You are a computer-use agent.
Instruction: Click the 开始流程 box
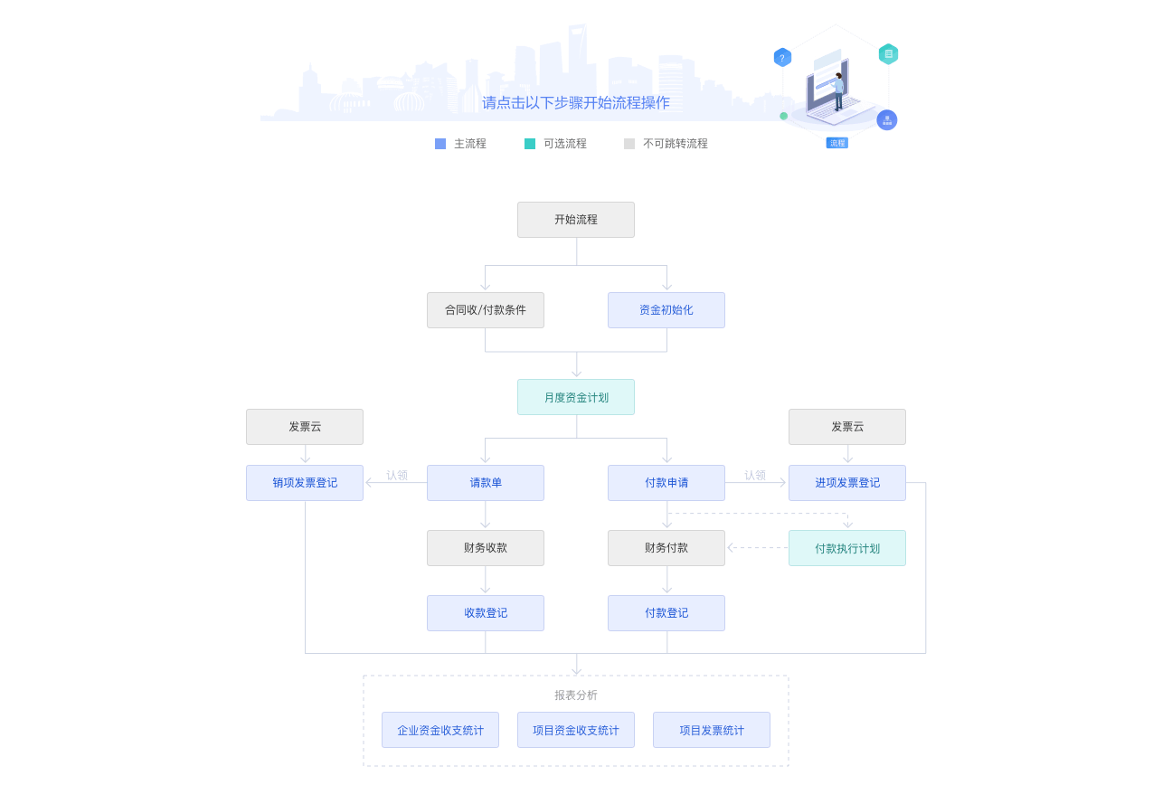tap(576, 220)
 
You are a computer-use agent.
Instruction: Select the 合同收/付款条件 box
tap(486, 310)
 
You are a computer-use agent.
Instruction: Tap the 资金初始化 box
tap(666, 310)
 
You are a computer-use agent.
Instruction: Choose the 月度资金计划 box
tap(576, 397)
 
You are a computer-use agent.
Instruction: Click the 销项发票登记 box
tap(305, 483)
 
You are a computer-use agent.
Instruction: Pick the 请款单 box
tap(486, 483)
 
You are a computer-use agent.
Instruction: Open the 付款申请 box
tap(666, 483)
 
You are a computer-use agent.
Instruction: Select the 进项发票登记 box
tap(847, 483)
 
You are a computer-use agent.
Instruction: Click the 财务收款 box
tap(486, 548)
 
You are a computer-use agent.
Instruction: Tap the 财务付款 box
tap(666, 548)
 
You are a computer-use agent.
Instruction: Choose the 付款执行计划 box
tap(847, 548)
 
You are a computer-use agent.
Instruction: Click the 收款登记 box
tap(486, 613)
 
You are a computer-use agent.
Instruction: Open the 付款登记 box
tap(666, 613)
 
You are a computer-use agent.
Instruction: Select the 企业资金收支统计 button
tap(440, 730)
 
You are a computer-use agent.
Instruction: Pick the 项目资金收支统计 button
tap(576, 730)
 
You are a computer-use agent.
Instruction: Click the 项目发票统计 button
tap(712, 730)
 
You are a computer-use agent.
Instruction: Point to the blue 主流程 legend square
tap(440, 144)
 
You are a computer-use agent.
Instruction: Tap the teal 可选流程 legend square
tap(530, 144)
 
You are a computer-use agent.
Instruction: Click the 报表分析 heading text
tap(576, 695)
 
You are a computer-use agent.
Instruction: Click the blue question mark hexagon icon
tap(782, 58)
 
